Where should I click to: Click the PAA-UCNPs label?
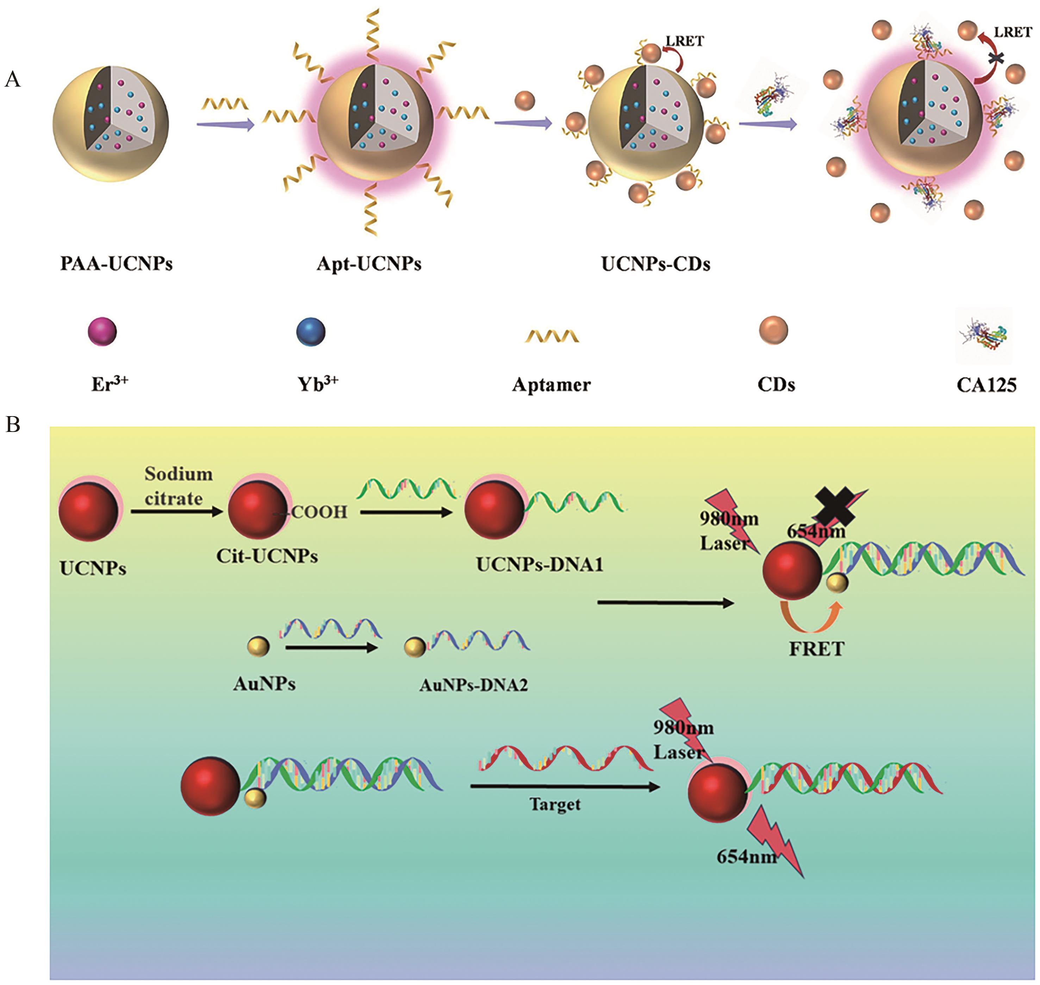point(116,263)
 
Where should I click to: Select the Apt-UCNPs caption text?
point(369,263)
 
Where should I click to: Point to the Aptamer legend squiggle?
point(552,335)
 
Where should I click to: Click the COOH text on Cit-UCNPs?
point(319,512)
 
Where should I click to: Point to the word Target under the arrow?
point(555,804)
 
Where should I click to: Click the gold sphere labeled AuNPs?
point(258,646)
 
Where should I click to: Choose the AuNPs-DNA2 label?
point(473,685)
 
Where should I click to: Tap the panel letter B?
point(13,424)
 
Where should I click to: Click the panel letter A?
point(13,79)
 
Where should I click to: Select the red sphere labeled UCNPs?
point(88,510)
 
